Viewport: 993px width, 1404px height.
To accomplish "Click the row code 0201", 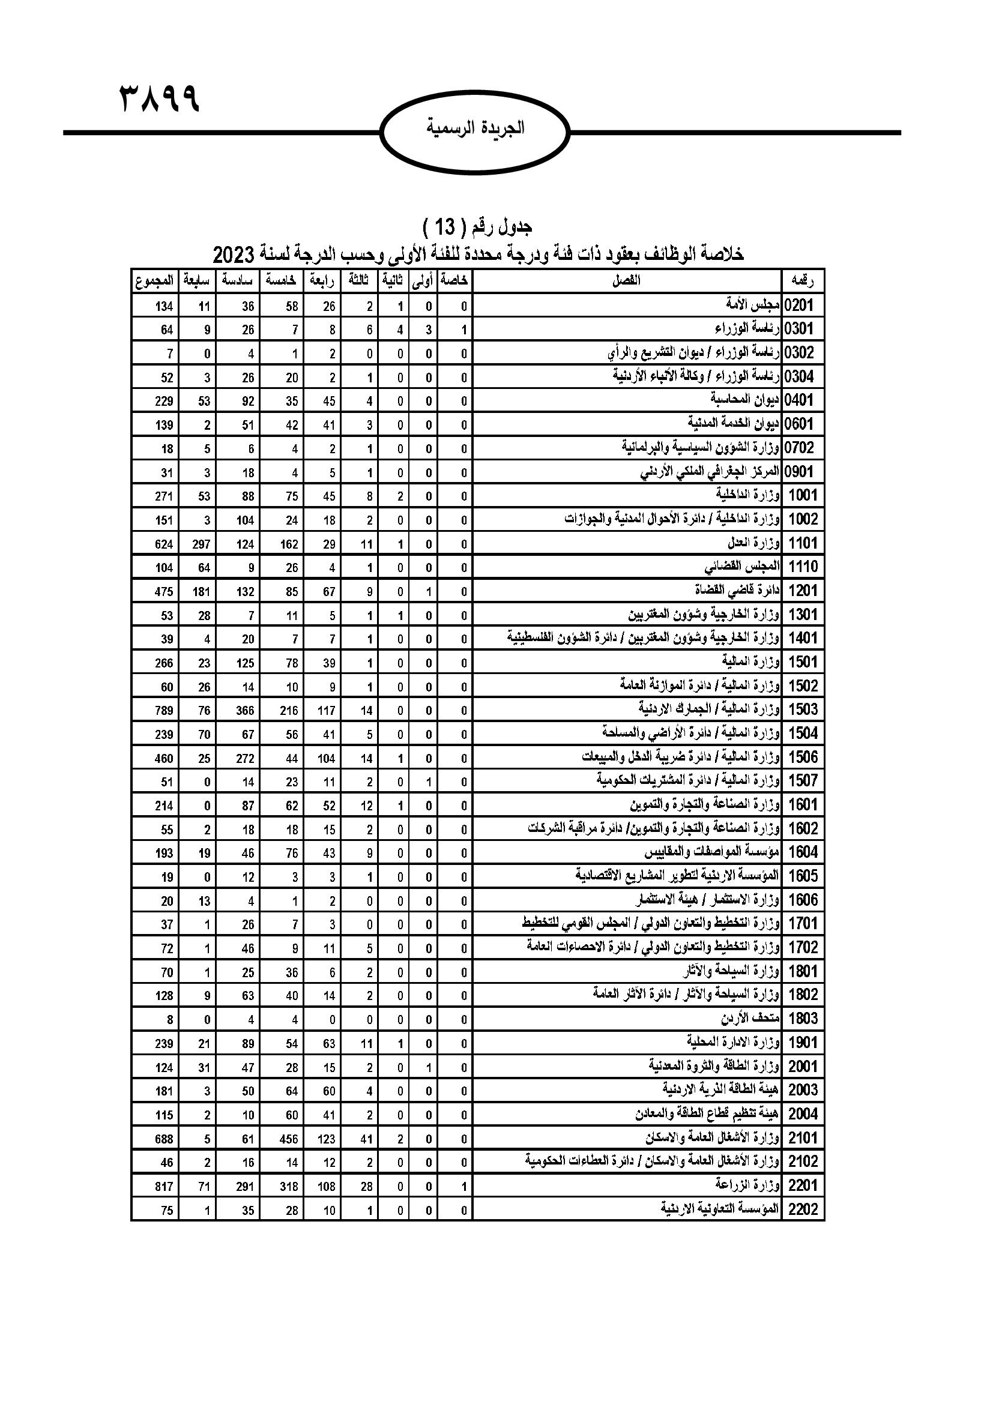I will [x=801, y=305].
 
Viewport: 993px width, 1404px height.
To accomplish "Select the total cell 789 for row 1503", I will [x=163, y=711].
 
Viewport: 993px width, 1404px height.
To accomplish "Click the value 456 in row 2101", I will [x=289, y=1139].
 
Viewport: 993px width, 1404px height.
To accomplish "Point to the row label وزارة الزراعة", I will [x=748, y=1186].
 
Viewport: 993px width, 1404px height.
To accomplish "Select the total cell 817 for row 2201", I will [x=163, y=1187].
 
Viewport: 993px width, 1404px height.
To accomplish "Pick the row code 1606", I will [x=803, y=900].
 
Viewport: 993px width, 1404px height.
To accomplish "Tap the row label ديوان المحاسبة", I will [x=746, y=400].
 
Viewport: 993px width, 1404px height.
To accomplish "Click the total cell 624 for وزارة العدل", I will [x=163, y=544].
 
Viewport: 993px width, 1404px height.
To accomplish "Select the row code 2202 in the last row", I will [x=803, y=1210].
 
